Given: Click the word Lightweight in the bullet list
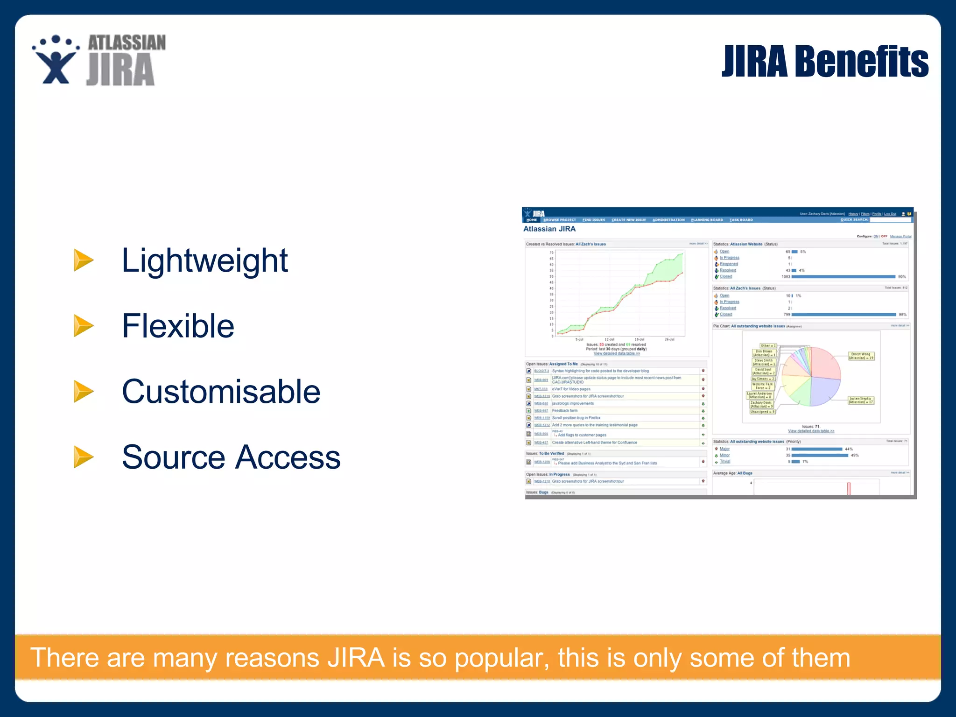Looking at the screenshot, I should [204, 260].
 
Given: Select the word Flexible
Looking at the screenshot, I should [178, 326].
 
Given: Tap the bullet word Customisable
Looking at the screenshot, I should [221, 391].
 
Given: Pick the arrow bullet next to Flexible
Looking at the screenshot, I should [84, 326].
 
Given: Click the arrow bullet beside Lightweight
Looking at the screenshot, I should [84, 260].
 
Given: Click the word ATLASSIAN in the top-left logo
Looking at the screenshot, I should [127, 43].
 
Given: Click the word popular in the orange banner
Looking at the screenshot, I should [501, 658].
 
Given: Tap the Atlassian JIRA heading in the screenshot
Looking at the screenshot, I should [549, 229].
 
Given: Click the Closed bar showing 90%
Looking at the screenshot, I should [843, 277].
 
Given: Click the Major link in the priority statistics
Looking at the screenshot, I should [724, 449].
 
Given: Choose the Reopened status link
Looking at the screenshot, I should [729, 264].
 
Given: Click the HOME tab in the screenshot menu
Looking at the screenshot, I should [531, 220].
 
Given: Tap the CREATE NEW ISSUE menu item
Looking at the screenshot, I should [628, 220].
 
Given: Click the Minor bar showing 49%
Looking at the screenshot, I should [820, 455].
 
